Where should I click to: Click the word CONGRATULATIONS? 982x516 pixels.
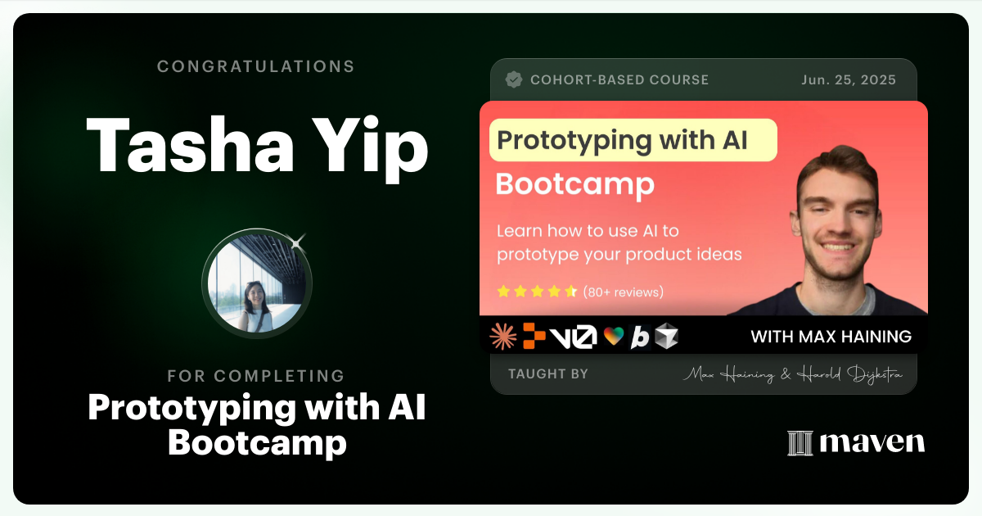(255, 66)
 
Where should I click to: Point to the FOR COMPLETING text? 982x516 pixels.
(255, 376)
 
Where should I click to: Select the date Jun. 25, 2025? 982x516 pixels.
(848, 80)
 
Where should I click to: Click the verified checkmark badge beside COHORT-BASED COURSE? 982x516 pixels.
(514, 79)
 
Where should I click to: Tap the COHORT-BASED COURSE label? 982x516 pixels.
(619, 80)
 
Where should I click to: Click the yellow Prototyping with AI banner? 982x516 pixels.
(633, 140)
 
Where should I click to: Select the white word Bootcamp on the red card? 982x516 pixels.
(574, 184)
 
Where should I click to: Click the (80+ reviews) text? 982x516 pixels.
(623, 292)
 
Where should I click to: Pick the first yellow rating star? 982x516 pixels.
(504, 292)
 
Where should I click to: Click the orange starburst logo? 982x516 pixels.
(502, 336)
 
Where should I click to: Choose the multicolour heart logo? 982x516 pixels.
(613, 337)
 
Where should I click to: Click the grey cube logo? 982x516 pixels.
(666, 337)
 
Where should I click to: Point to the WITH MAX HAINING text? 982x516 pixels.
(831, 337)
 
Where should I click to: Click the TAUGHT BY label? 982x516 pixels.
(547, 374)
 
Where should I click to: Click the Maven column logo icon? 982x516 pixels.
(799, 443)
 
